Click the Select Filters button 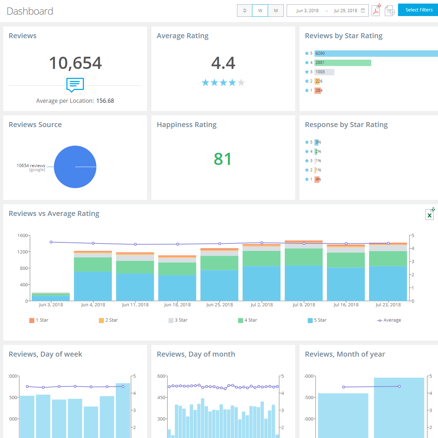(418, 10)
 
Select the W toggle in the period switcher (260, 11)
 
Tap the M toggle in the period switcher (276, 11)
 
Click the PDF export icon (376, 11)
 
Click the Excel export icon (429, 215)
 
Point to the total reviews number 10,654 (75, 63)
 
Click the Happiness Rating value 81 (223, 159)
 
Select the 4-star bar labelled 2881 (343, 63)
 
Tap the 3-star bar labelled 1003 (324, 72)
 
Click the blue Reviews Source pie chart (75, 167)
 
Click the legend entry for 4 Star (248, 320)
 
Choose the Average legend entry (389, 320)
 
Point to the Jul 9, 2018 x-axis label (304, 305)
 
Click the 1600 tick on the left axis (22, 236)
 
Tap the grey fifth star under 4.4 (241, 83)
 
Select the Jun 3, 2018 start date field (307, 11)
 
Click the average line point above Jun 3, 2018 (51, 242)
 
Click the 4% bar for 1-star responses (317, 179)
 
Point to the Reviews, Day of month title (196, 354)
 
